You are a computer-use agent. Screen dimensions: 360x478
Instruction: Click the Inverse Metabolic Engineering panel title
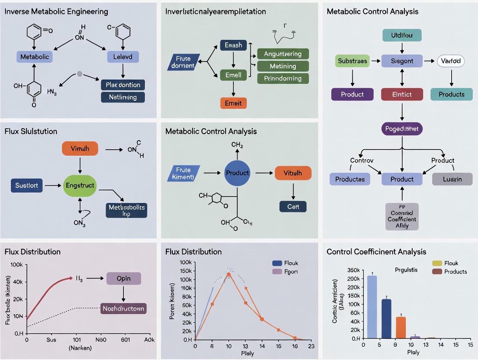56,12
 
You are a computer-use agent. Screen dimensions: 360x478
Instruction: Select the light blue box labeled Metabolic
35,57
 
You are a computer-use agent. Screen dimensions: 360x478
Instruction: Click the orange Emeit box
233,103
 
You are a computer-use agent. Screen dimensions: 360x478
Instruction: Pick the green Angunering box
283,54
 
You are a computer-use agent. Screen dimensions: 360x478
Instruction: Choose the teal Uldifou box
402,35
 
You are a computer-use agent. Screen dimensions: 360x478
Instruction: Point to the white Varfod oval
451,61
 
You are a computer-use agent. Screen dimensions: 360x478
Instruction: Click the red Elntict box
402,94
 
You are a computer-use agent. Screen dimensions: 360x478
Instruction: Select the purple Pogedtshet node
402,129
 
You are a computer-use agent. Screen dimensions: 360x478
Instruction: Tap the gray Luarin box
452,179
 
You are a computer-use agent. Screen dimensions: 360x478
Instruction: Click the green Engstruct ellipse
80,185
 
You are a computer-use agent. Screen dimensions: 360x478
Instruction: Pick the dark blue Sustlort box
27,185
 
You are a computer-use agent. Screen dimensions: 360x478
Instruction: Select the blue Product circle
237,173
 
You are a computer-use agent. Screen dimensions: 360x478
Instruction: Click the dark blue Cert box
293,207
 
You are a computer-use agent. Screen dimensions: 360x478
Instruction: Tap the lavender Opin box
123,278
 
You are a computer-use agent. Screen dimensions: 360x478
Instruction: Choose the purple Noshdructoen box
123,309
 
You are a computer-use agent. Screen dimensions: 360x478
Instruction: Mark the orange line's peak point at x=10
229,274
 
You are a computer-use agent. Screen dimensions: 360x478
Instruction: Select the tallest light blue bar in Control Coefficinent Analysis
372,307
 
